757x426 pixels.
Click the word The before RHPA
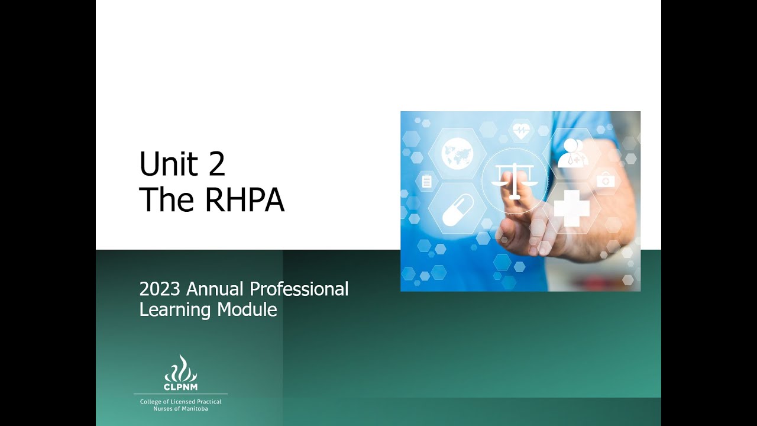click(x=166, y=200)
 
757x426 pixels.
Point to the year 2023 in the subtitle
click(x=159, y=289)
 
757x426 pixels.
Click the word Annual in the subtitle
click(x=215, y=289)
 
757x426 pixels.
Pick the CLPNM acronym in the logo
click(x=180, y=387)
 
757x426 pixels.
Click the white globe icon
click(x=457, y=154)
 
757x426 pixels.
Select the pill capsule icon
click(x=457, y=210)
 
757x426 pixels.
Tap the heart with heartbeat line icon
click(x=521, y=130)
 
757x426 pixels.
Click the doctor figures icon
click(x=572, y=153)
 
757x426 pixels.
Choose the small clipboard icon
click(x=426, y=181)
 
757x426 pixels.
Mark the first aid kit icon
click(x=606, y=180)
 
